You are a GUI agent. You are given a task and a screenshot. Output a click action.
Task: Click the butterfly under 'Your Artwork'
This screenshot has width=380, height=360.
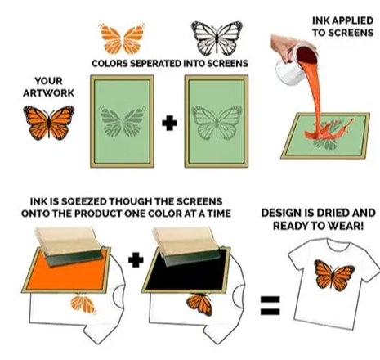(49, 123)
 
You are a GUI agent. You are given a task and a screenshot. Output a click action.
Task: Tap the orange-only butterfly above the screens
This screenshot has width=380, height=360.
(123, 38)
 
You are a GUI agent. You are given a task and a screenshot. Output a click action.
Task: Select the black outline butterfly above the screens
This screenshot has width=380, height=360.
(217, 38)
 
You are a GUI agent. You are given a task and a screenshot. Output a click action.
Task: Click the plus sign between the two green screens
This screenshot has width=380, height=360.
(169, 123)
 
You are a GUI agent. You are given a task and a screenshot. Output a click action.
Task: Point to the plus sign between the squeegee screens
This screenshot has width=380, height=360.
(136, 259)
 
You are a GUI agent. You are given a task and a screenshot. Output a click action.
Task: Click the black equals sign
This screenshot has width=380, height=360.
(270, 305)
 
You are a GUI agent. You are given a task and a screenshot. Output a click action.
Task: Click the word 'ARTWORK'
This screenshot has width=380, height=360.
(48, 93)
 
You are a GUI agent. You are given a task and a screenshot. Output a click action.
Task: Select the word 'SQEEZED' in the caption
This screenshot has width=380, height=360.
(84, 201)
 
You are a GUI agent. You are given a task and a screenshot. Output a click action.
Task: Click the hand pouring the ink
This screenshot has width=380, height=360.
(284, 47)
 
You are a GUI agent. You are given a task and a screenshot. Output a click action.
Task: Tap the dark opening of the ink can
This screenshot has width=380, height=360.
(306, 56)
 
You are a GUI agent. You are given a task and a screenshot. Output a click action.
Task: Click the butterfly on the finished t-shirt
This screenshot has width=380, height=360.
(334, 275)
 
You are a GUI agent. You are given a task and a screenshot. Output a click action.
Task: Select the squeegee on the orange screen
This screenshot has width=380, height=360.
(71, 246)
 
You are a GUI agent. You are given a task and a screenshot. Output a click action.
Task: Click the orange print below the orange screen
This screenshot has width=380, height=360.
(83, 304)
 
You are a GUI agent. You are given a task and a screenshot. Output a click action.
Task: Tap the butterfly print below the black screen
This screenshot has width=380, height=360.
(200, 304)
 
